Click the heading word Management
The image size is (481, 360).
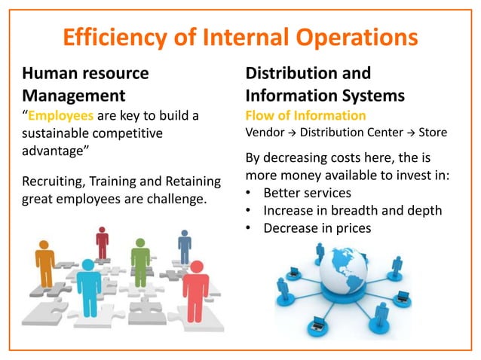pos(74,96)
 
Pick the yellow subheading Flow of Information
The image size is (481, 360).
pos(305,116)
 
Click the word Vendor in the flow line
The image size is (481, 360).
pos(265,132)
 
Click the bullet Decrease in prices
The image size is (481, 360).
pos(317,227)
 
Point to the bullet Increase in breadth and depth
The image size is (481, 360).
pos(352,210)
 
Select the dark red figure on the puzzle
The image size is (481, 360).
pos(102,243)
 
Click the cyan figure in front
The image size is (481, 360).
pos(89,287)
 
